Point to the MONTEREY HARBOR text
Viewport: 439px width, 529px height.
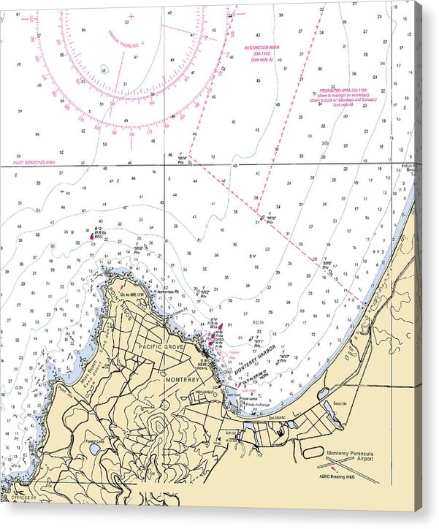[x=256, y=360]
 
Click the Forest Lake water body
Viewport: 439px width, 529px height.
[x=93, y=449]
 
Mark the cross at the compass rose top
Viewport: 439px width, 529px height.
[x=131, y=15]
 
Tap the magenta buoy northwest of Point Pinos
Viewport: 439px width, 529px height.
[x=91, y=236]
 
